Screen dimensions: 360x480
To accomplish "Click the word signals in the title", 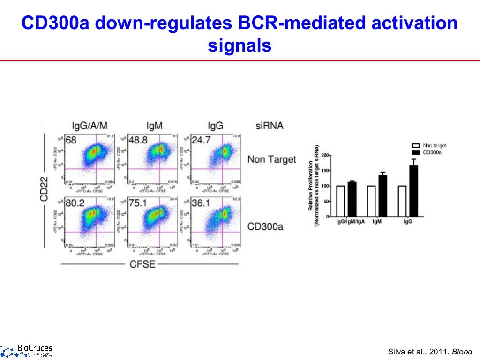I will coord(239,45).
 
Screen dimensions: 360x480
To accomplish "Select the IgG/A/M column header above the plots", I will coord(89,126).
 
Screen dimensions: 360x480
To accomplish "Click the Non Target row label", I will coord(271,159).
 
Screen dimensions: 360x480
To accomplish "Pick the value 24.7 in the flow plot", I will coord(202,140).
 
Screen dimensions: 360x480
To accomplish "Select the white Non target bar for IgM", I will coord(371,201).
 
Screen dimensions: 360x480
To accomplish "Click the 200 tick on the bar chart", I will coord(326,155).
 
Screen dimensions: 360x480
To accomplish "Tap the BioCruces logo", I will coord(27,350).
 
